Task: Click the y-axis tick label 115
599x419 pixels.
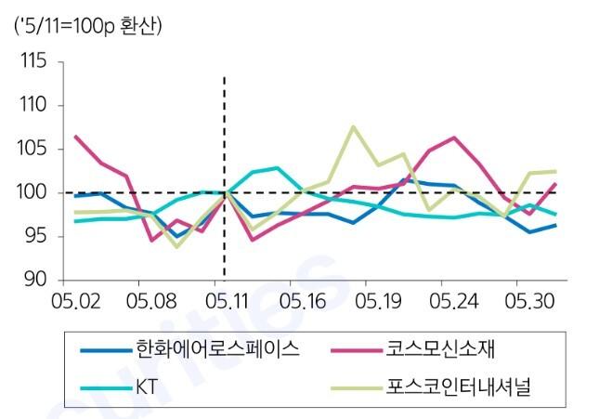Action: point(33,62)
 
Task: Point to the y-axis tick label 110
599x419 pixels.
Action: point(33,105)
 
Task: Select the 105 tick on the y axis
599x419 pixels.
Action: point(33,149)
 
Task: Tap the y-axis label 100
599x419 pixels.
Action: point(33,192)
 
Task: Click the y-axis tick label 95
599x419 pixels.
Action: point(35,236)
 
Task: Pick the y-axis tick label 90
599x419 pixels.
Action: point(35,280)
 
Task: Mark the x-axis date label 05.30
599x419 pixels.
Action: point(527,302)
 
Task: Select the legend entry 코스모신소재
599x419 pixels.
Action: point(436,349)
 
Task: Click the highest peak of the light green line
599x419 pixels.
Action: point(354,126)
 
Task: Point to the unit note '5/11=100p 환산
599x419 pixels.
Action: point(88,25)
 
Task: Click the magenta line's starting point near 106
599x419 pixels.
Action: point(75,137)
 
